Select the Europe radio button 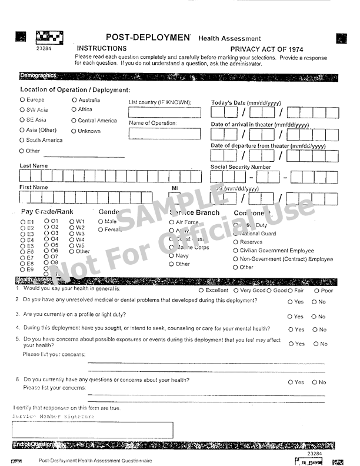coord(22,100)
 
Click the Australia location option coord(74,100)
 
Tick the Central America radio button coord(74,121)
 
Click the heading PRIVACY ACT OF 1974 coord(266,49)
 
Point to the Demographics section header coord(38,75)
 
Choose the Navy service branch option coord(172,256)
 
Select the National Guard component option coord(236,234)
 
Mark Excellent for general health coord(201,290)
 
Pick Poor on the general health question coord(316,290)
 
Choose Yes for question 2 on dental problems coord(290,302)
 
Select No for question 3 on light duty coord(314,317)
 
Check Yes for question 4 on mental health coord(290,329)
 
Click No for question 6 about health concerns coord(314,382)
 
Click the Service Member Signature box coord(93,430)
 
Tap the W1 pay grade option coord(72,222)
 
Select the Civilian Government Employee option coord(236,251)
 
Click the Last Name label coord(34,166)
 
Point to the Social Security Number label coord(241,167)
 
